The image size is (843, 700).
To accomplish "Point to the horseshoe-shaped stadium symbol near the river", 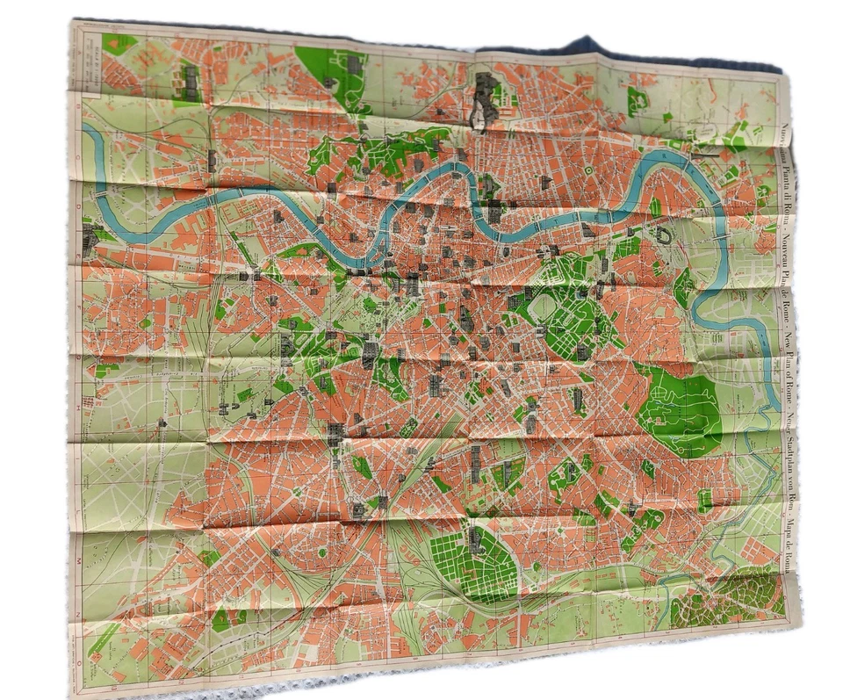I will (663, 236).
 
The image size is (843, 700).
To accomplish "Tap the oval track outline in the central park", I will (543, 307).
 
